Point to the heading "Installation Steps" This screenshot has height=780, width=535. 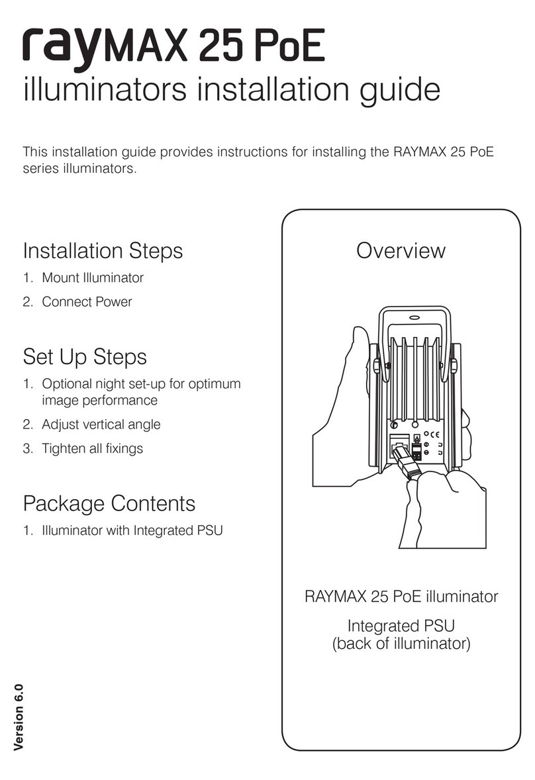pos(103,251)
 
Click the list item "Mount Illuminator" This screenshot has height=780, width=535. pos(93,278)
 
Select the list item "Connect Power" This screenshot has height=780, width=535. pos(87,302)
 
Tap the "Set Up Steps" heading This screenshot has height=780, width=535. pos(85,357)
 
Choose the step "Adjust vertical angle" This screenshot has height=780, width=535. pos(101,424)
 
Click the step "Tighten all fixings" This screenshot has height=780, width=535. pos(92,448)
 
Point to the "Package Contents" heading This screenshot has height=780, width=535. pos(109,503)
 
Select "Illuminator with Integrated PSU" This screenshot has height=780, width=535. pos(132,530)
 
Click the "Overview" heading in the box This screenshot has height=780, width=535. pos(401,251)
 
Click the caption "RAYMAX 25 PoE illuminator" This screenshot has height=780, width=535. pos(401,597)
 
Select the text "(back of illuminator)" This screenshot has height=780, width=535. pos(401,643)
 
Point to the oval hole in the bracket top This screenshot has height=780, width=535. pos(414,318)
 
